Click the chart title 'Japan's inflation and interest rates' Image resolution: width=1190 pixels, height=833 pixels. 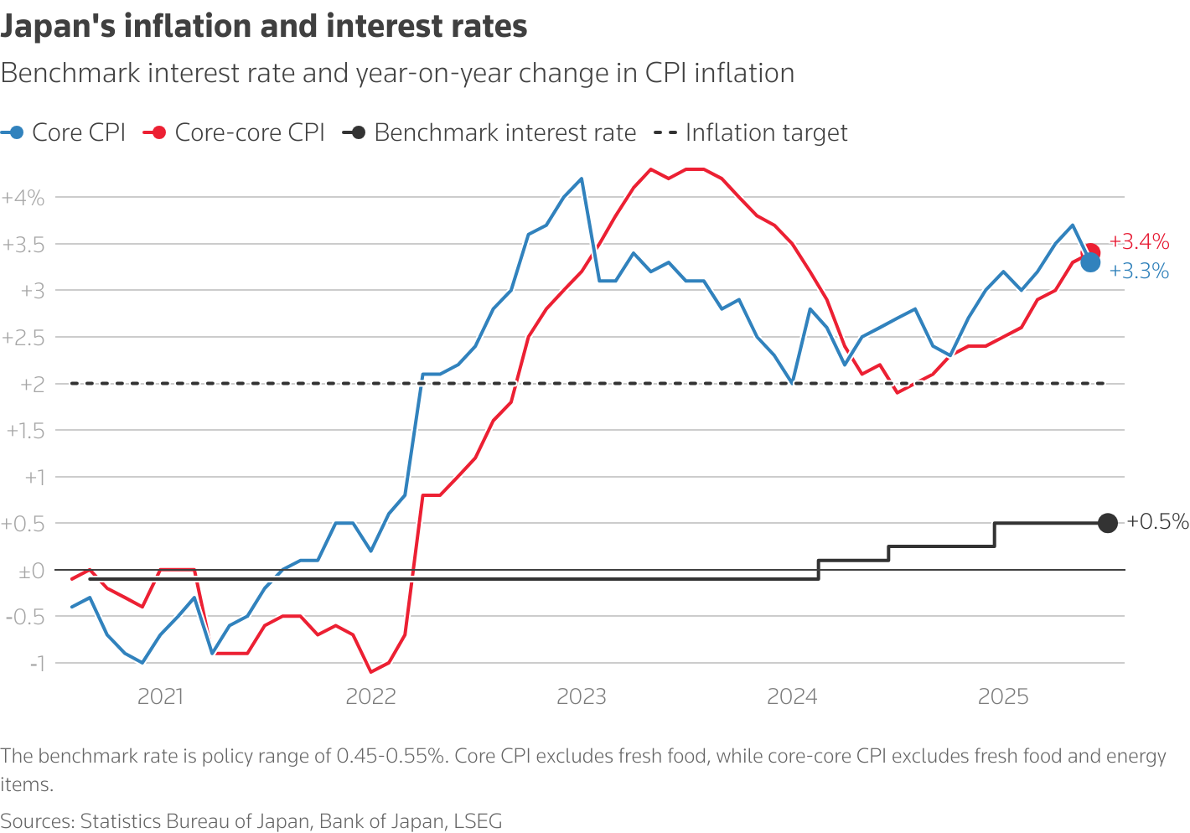click(x=264, y=27)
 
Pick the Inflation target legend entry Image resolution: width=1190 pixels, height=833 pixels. click(x=765, y=132)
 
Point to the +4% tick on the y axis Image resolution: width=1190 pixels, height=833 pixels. click(x=23, y=198)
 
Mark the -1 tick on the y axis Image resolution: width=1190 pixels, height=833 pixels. click(x=37, y=663)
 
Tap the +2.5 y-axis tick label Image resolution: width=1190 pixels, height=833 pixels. click(x=23, y=338)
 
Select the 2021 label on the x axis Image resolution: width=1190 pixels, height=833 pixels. click(x=160, y=697)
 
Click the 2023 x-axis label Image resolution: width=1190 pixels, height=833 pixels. click(x=582, y=697)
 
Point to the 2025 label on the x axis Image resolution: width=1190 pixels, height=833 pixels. click(x=1003, y=697)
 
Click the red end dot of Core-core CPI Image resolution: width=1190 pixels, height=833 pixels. click(x=1092, y=252)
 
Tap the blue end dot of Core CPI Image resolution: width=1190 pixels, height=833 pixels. click(x=1090, y=262)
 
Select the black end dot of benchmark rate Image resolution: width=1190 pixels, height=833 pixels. click(x=1107, y=523)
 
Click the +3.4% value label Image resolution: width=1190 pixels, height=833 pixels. click(x=1139, y=242)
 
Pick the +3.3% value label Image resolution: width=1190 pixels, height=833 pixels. click(x=1139, y=271)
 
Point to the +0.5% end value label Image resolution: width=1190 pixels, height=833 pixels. click(x=1157, y=522)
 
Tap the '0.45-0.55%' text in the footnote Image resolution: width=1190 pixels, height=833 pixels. click(x=391, y=757)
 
